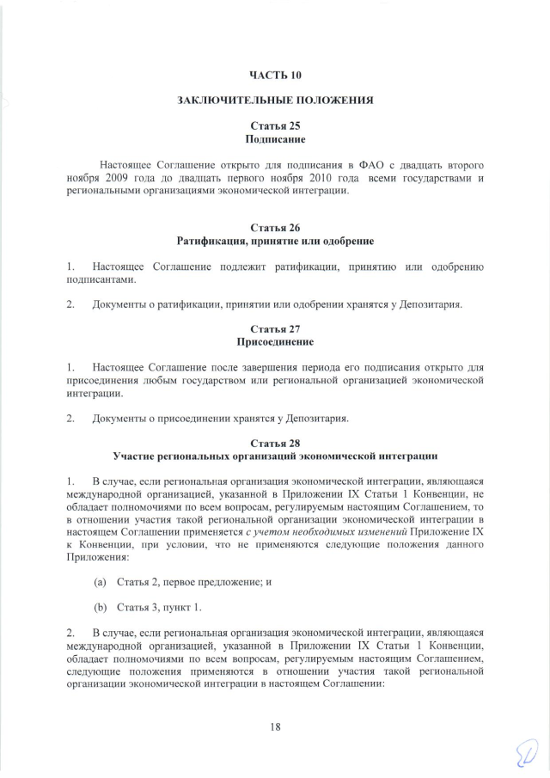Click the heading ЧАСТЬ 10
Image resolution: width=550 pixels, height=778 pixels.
pyautogui.click(x=275, y=75)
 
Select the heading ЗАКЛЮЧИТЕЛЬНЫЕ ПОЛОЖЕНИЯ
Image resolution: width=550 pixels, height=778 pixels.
pyautogui.click(x=275, y=101)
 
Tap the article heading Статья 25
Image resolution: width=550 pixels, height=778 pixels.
pyautogui.click(x=275, y=126)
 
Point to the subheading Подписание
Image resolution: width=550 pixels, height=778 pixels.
pyautogui.click(x=275, y=138)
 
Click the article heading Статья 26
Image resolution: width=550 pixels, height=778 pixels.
pyautogui.click(x=275, y=228)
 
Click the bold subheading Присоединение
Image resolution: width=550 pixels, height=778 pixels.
pyautogui.click(x=275, y=341)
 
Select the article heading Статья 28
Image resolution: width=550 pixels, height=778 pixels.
pyautogui.click(x=275, y=443)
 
